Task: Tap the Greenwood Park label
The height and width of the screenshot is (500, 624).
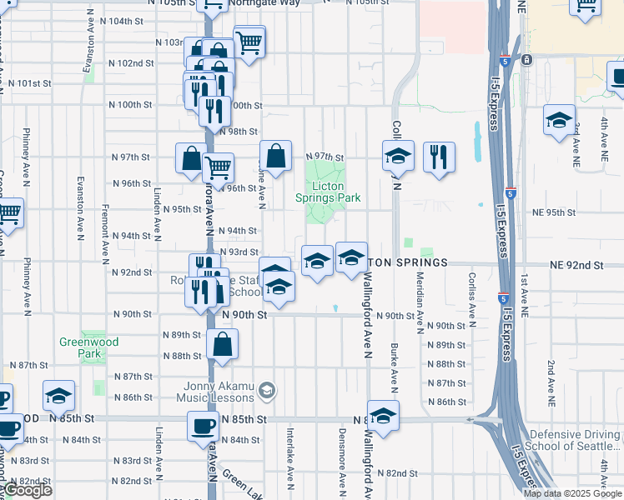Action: point(89,347)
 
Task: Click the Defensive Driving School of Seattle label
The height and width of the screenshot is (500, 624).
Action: point(576,440)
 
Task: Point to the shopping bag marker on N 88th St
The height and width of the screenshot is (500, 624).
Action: point(223,344)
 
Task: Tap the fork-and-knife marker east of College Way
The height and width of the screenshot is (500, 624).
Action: point(439,157)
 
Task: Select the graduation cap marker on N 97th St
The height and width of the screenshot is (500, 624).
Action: point(399,157)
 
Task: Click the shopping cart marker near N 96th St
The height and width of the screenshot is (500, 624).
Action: point(219,166)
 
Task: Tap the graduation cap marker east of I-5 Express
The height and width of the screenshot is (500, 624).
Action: point(559,120)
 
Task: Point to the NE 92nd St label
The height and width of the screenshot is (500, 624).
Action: point(576,265)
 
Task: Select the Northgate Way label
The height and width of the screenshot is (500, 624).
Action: point(265,3)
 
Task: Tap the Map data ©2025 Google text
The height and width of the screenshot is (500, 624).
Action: point(573,493)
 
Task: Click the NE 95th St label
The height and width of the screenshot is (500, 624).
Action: point(554,212)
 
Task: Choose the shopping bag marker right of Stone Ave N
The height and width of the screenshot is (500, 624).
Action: point(275,156)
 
